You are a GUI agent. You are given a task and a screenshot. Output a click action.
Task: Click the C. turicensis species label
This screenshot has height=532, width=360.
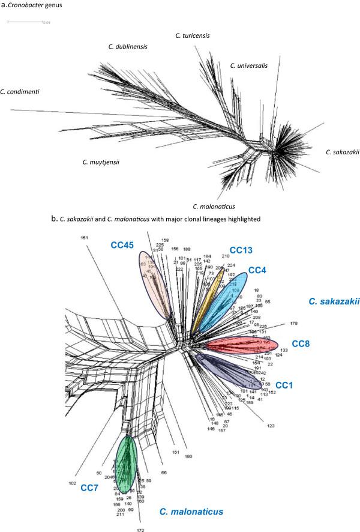tap(193, 36)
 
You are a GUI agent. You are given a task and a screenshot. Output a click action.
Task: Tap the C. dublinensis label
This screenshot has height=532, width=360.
tap(127, 46)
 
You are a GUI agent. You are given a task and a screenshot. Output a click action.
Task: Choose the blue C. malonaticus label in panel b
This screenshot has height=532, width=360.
tap(191, 512)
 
